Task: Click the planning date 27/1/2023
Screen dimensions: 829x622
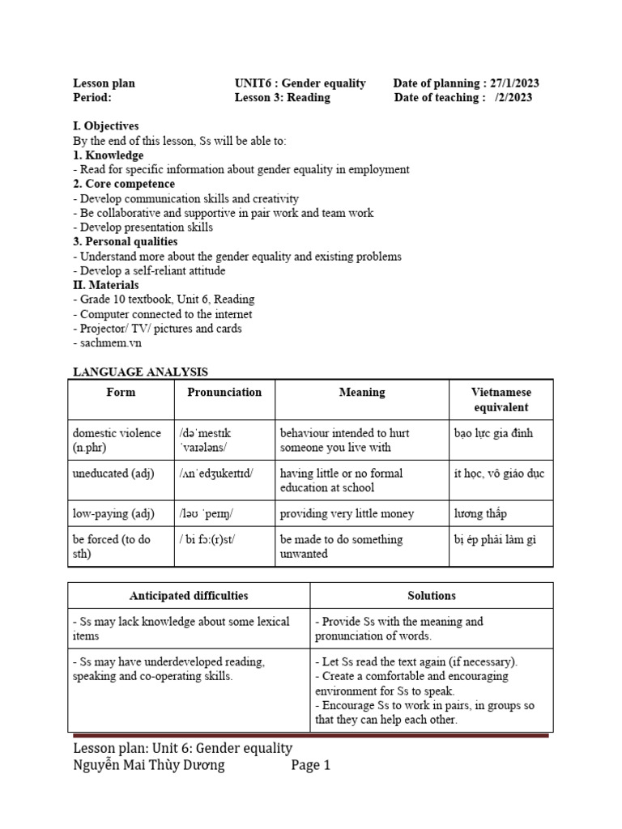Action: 515,83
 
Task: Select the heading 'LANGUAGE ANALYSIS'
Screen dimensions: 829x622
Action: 140,372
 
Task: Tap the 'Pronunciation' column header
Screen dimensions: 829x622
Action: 224,392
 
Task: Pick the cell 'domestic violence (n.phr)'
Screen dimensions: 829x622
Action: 117,440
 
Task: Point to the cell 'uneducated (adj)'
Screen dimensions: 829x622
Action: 113,473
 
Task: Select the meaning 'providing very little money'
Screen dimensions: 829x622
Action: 347,513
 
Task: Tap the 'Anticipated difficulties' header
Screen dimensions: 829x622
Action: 189,596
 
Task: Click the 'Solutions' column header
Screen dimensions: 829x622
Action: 432,596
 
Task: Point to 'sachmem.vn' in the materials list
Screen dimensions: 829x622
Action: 105,343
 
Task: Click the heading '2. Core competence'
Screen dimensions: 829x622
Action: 124,184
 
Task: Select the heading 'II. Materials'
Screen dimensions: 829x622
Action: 105,285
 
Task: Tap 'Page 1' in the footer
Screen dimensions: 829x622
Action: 311,766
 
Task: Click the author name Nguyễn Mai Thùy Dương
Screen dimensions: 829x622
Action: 149,766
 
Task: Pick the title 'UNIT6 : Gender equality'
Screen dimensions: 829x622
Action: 300,83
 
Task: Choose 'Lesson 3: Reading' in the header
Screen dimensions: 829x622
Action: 282,98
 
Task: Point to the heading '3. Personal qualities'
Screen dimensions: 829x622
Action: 126,241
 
